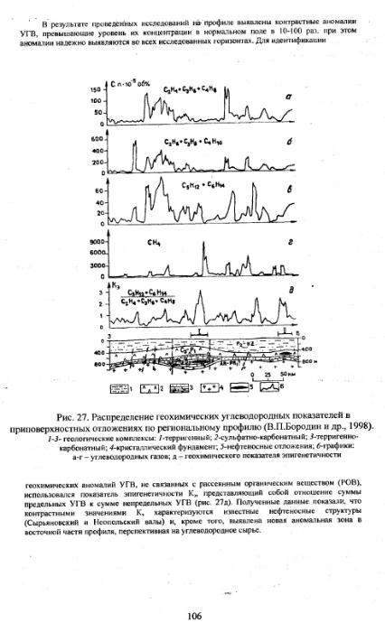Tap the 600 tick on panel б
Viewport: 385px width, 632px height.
click(x=98, y=139)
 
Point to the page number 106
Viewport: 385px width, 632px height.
click(x=192, y=616)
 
